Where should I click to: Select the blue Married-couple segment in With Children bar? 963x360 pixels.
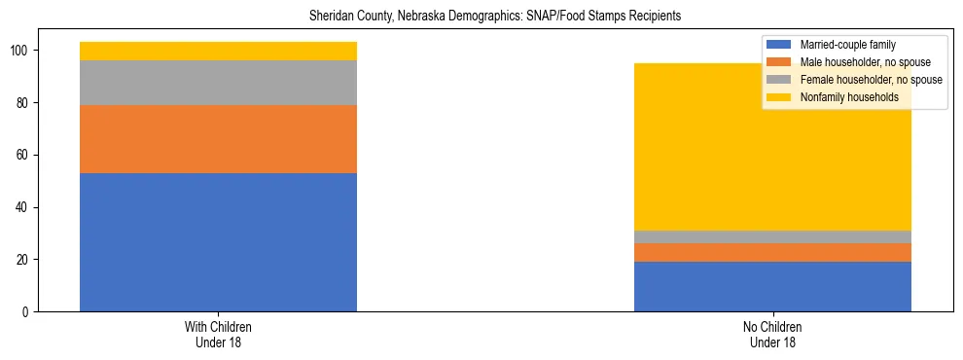point(218,242)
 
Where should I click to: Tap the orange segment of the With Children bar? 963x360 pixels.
point(218,139)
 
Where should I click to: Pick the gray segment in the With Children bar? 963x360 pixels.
point(218,83)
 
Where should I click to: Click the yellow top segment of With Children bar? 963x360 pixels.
point(218,52)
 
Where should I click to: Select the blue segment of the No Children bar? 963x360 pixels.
point(772,287)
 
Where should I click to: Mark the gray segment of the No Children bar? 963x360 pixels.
point(772,237)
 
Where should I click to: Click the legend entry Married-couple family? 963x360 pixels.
point(847,45)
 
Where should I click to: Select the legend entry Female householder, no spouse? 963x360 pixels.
point(870,80)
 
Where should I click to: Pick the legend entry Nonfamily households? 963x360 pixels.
point(848,97)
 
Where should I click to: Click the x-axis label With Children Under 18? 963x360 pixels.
point(218,335)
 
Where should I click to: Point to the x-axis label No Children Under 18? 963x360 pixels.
point(772,335)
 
